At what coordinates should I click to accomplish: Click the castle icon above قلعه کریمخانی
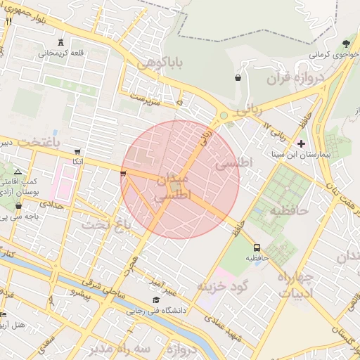60,42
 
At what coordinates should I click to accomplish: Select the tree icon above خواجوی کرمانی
345,45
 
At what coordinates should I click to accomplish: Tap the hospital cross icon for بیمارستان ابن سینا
302,143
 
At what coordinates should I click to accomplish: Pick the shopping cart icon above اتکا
77,151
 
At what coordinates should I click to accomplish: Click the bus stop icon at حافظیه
257,247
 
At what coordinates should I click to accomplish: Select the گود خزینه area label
222,286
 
